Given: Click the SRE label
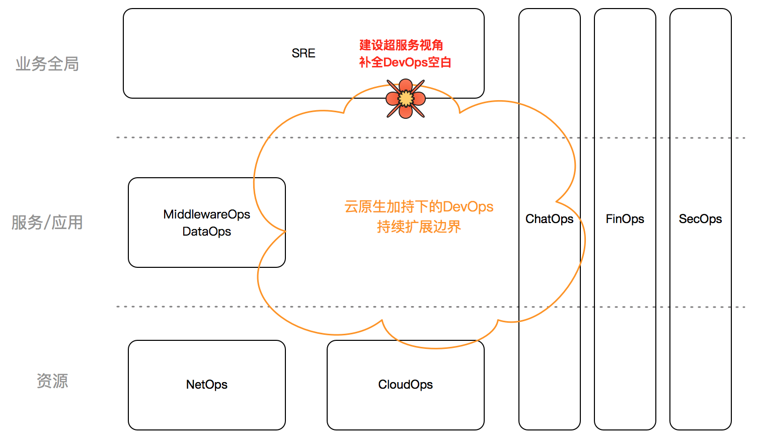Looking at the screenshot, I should pyautogui.click(x=304, y=53).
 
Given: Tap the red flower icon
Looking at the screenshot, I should pyautogui.click(x=405, y=99).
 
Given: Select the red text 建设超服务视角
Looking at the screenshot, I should pyautogui.click(x=401, y=45).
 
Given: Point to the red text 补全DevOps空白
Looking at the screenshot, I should pyautogui.click(x=405, y=62).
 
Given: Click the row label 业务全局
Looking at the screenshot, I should pyautogui.click(x=47, y=64).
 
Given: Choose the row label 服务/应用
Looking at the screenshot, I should pyautogui.click(x=47, y=223).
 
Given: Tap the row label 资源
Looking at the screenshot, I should pyautogui.click(x=52, y=381).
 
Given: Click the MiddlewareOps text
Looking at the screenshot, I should pyautogui.click(x=206, y=214).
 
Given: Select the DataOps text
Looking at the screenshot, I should pyautogui.click(x=206, y=232).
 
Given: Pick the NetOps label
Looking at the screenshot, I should pyautogui.click(x=206, y=385).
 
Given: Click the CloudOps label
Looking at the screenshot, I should pyautogui.click(x=405, y=385).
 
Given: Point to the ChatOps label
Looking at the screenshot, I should pyautogui.click(x=549, y=219).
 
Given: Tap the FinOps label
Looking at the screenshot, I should pyautogui.click(x=625, y=219).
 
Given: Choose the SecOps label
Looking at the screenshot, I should pyautogui.click(x=700, y=219).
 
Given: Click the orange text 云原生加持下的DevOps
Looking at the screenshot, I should pyautogui.click(x=419, y=207).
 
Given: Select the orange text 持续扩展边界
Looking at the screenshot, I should pyautogui.click(x=419, y=227).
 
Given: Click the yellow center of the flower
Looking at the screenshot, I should pyautogui.click(x=406, y=99).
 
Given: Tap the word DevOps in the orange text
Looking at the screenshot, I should pyautogui.click(x=468, y=207).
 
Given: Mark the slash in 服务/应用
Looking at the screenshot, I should pyautogui.click(x=47, y=223).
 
